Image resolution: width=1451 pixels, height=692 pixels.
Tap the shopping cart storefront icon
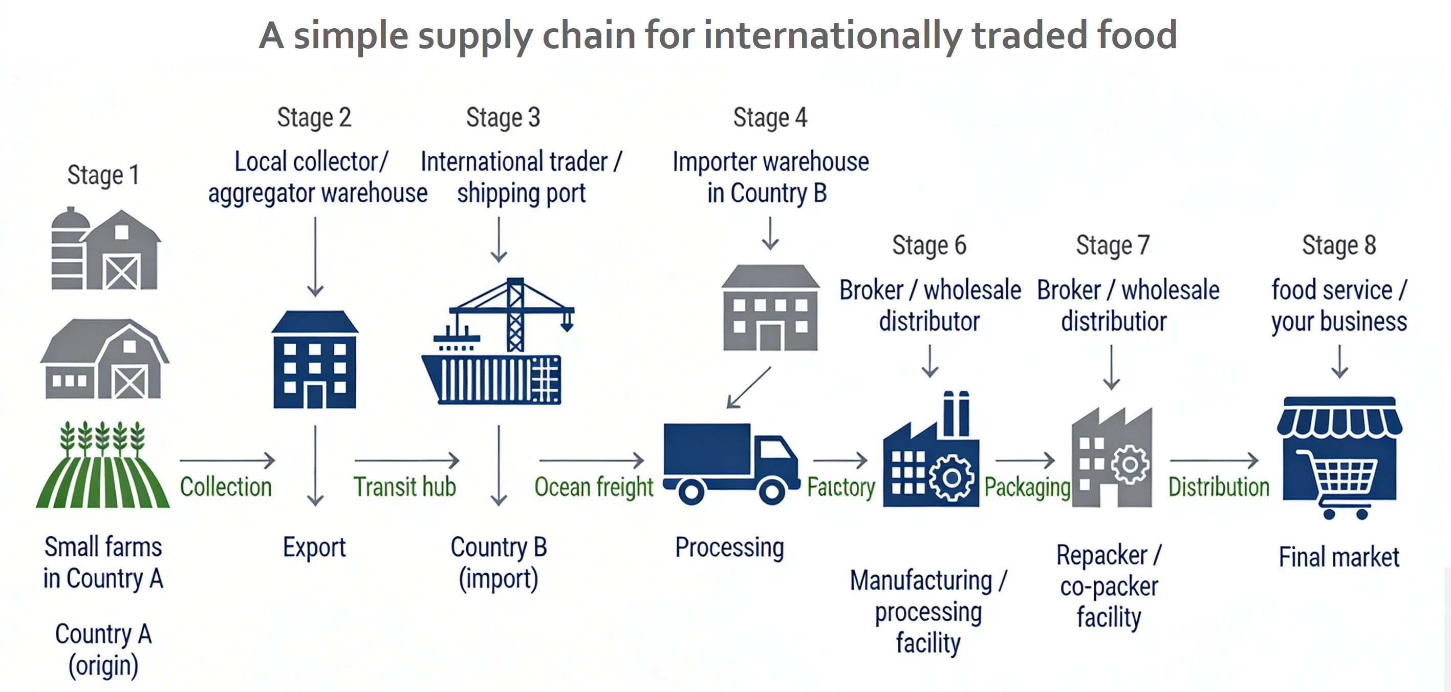click(x=1339, y=456)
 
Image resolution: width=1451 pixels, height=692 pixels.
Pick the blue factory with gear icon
click(x=930, y=451)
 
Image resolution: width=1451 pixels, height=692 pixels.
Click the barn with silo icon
click(x=105, y=249)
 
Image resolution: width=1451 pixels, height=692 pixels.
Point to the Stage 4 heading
click(x=770, y=118)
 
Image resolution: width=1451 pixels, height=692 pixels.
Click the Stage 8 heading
click(x=1339, y=245)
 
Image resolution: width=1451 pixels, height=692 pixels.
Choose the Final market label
click(x=1339, y=557)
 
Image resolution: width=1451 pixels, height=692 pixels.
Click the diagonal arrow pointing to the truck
click(x=749, y=387)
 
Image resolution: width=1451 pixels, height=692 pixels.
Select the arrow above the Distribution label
click(x=1214, y=460)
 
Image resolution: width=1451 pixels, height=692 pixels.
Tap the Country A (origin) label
click(x=103, y=649)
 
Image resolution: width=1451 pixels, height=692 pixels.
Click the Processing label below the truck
click(x=729, y=548)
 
